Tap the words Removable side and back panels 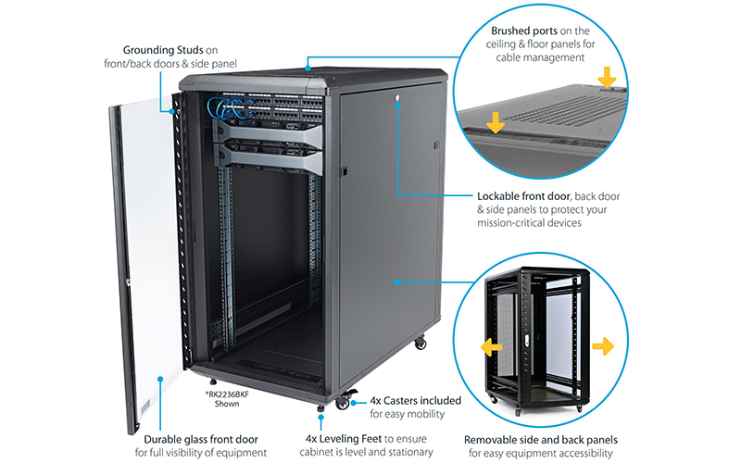click(543, 438)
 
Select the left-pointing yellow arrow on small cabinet click(490, 347)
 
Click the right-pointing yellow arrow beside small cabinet click(602, 346)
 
